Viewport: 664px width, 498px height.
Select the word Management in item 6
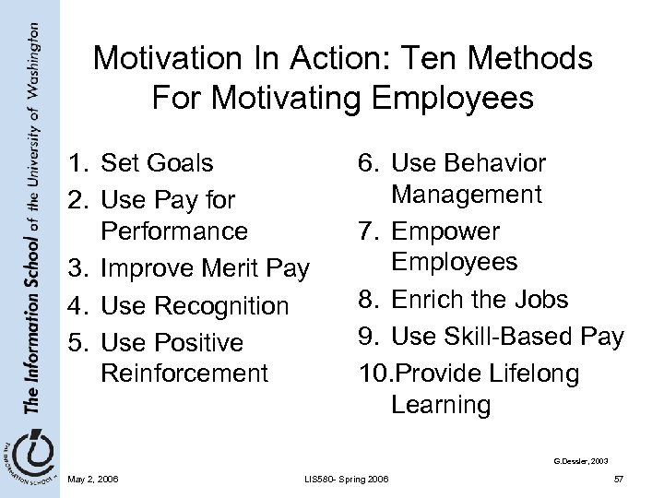466,194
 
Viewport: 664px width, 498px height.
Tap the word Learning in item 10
440,403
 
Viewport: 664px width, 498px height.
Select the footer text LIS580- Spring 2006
346,477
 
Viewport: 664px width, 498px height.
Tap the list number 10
371,373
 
